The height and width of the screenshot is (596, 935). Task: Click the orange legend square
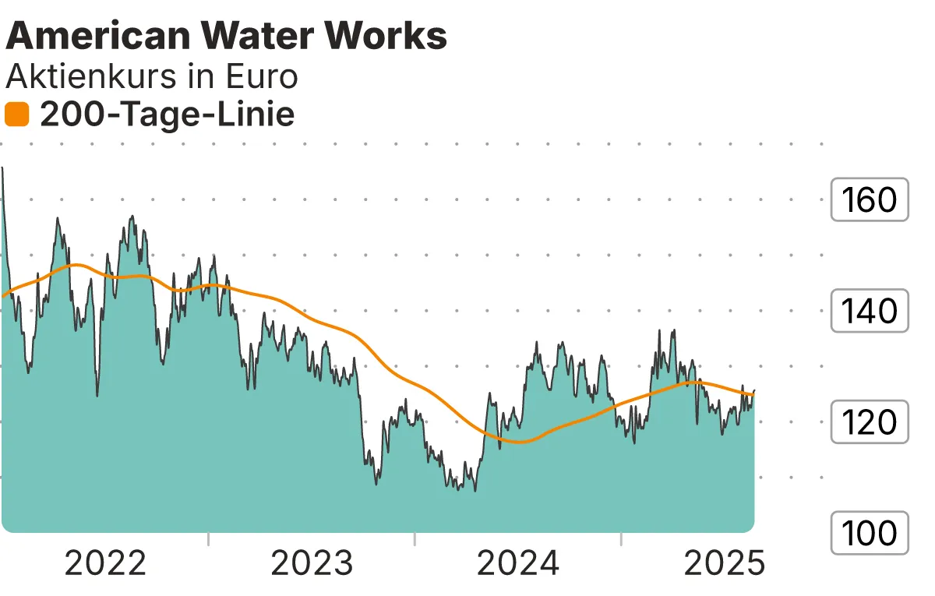[x=16, y=115]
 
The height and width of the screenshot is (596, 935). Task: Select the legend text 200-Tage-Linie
[x=167, y=115]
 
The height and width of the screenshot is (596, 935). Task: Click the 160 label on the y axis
[x=870, y=200]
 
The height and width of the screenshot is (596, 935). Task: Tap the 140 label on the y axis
[x=870, y=312]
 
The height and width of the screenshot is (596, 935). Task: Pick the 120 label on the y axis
[x=870, y=422]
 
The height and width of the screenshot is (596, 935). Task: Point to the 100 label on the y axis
[x=870, y=534]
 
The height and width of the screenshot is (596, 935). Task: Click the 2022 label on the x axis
[x=105, y=563]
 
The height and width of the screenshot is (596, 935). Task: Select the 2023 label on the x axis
[x=312, y=563]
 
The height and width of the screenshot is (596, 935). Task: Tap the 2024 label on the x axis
[x=518, y=563]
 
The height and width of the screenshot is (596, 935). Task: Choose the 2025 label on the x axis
[x=724, y=563]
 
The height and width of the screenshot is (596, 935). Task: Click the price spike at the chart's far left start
[x=3, y=168]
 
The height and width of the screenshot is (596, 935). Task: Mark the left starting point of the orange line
[x=3, y=296]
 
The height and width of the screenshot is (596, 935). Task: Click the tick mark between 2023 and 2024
[x=415, y=539]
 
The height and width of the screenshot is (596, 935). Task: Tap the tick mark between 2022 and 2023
[x=209, y=539]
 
